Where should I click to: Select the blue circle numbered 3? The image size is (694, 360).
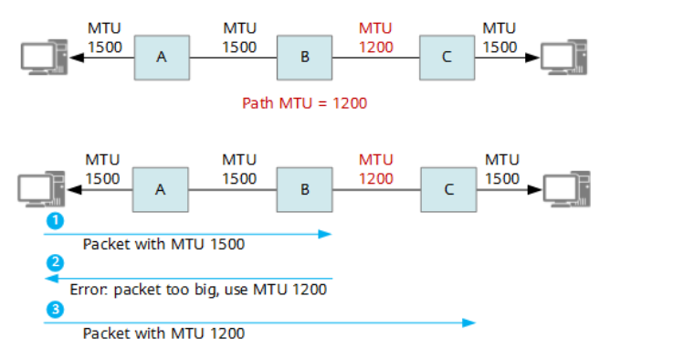point(56,310)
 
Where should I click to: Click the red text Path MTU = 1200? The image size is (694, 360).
point(304,103)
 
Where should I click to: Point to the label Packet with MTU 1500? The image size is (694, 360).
point(163,244)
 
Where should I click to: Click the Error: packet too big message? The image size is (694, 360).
point(198,290)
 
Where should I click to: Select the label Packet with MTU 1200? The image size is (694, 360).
point(163,334)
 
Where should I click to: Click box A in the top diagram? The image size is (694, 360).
point(162,57)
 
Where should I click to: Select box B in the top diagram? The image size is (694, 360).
point(304,57)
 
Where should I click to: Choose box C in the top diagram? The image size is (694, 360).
point(447,57)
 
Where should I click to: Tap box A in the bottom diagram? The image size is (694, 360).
point(161,190)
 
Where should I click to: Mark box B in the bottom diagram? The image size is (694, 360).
point(304,190)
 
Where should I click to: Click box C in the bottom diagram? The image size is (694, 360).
point(447,190)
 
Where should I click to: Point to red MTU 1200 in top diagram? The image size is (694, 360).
point(375,37)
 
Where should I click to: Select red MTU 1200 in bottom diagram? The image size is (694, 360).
point(375,169)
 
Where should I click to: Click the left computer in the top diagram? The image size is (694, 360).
point(41,57)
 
